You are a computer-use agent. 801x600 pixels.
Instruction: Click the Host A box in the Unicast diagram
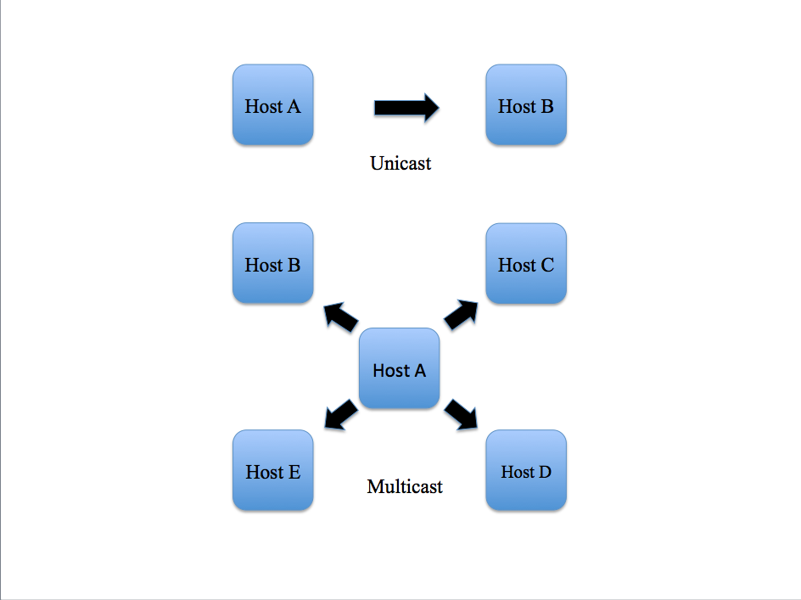[x=272, y=104]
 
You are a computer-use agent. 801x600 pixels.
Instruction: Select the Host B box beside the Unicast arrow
[x=525, y=104]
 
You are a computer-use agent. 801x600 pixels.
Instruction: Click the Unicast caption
[x=400, y=163]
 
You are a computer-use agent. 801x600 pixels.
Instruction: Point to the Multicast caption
[x=405, y=487]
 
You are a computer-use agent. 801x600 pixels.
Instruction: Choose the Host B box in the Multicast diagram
[x=272, y=263]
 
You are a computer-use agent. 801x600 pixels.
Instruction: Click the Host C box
[x=525, y=263]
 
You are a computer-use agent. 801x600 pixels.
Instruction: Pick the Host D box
[x=525, y=470]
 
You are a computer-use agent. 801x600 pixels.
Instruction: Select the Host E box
[x=272, y=470]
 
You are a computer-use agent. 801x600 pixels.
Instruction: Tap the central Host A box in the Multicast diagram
[x=399, y=369]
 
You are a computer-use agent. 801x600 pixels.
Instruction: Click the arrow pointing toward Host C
[x=461, y=315]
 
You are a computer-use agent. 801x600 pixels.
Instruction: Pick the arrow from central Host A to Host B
[x=340, y=317]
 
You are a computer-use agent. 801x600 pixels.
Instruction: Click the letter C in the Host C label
[x=546, y=266]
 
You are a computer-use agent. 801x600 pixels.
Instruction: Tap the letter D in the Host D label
[x=544, y=472]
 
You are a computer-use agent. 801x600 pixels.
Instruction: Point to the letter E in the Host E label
[x=294, y=472]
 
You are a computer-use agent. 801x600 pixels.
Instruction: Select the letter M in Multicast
[x=375, y=487]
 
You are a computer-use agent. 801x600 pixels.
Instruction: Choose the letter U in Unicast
[x=377, y=163]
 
